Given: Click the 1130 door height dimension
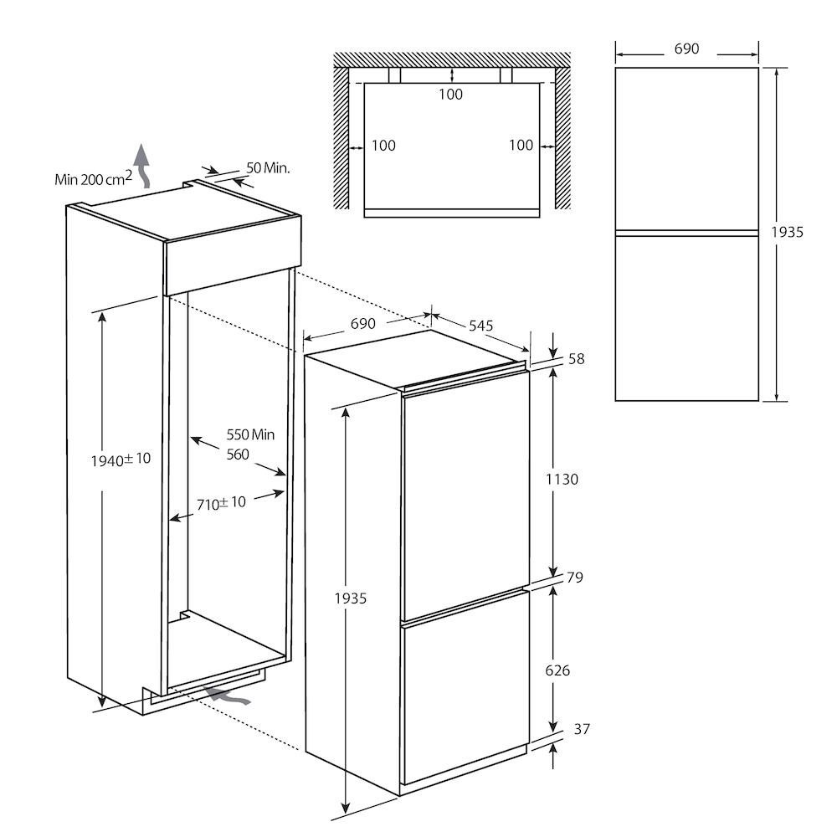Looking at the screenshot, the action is point(562,480).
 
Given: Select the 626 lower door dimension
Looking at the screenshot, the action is point(557,670).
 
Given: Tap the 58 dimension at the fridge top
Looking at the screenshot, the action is point(576,359).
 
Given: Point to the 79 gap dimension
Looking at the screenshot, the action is point(574,577).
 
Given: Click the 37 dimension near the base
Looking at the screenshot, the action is point(582,729).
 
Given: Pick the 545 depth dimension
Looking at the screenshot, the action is point(480,326).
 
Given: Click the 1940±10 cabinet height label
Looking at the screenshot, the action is point(121,460).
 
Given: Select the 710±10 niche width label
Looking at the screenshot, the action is point(221,503).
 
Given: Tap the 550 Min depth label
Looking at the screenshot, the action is point(250,434).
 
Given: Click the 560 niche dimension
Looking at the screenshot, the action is point(238,454).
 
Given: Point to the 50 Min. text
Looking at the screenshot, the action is point(268,168).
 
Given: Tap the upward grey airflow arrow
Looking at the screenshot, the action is point(142,166).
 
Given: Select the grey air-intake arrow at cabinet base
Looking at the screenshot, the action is point(228,696).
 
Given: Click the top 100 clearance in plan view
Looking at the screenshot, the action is point(450,95).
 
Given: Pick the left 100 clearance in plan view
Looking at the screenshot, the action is point(383,145).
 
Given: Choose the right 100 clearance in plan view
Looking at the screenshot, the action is point(521,145).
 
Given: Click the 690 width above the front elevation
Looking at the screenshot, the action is point(686,49).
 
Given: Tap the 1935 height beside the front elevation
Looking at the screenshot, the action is point(787,232).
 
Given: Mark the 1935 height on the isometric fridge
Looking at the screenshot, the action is point(350,598).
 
